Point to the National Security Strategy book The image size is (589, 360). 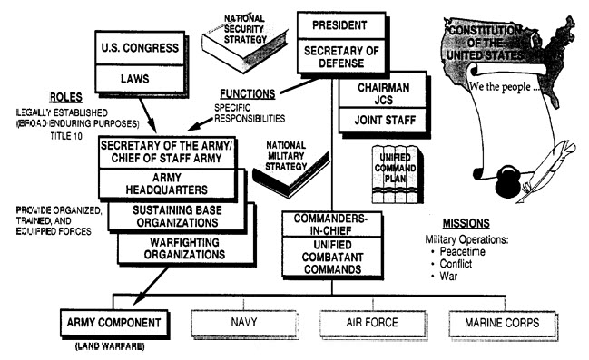pos(242,37)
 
